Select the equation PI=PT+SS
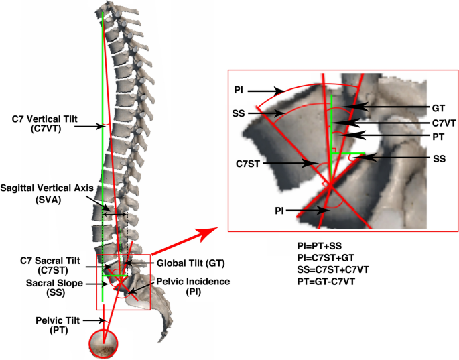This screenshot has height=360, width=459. pyautogui.click(x=324, y=246)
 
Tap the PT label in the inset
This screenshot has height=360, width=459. pyautogui.click(x=439, y=136)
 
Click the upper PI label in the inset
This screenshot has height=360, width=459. pyautogui.click(x=239, y=88)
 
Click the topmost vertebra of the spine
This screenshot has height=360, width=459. pyautogui.click(x=105, y=9)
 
